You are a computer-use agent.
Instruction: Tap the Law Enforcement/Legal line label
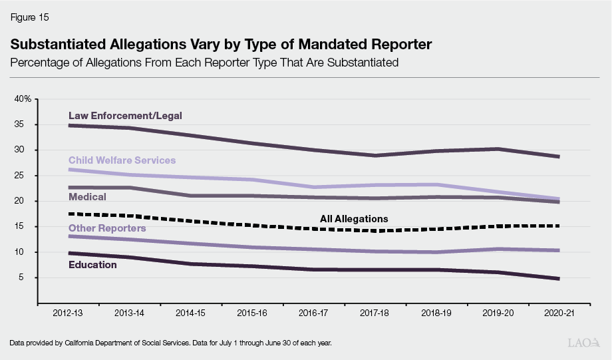125,116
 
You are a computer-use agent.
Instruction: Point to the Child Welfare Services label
122,160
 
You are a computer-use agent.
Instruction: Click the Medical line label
87,197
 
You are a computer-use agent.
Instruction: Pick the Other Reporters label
107,228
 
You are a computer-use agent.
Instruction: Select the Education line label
93,265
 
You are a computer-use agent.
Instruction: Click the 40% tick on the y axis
23,99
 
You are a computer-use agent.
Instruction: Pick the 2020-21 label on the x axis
558,312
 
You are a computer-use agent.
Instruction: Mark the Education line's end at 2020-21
558,278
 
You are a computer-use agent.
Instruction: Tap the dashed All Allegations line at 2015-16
252,225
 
